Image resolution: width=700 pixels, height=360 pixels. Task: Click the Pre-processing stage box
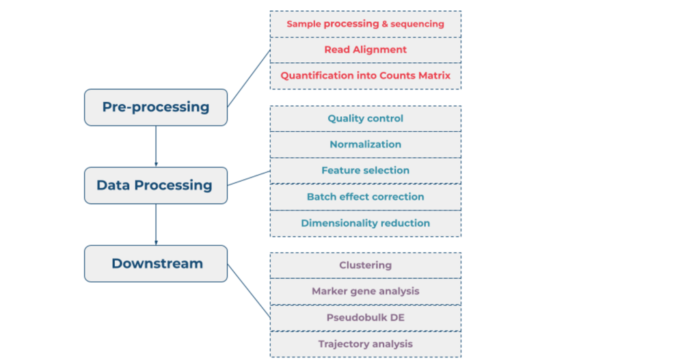tap(156, 107)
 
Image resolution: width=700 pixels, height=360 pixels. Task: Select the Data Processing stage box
tap(156, 185)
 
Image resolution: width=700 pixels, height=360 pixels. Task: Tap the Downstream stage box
tap(156, 264)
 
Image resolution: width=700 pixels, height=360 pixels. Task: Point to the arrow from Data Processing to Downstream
tap(156, 225)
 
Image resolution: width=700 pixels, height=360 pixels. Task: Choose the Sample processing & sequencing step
tap(365, 24)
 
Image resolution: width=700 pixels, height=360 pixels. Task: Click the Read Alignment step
tap(365, 50)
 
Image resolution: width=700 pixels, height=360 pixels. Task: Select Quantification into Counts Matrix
tap(365, 76)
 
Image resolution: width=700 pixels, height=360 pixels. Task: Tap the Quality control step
tap(365, 119)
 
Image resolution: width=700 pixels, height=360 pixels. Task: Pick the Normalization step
tap(365, 145)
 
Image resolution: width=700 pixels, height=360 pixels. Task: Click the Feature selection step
tap(365, 171)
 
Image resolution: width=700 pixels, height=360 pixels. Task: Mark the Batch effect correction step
tap(365, 197)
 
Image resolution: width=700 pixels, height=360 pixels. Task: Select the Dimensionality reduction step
tap(365, 223)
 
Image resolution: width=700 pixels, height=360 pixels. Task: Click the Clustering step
tap(365, 265)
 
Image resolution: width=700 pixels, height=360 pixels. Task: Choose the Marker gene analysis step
tap(365, 291)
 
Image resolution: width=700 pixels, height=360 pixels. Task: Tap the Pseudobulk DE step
tap(365, 318)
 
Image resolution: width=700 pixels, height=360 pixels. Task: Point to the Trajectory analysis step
tap(365, 344)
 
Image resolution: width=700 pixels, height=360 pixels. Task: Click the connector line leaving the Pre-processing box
tap(249, 78)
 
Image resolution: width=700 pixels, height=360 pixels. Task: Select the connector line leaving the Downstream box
tap(249, 291)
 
